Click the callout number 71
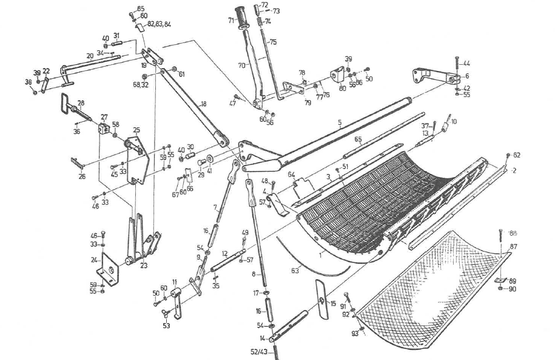pyautogui.click(x=231, y=20)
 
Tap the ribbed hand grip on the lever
pyautogui.click(x=244, y=17)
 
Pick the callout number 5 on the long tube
pyautogui.click(x=340, y=122)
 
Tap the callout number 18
pyautogui.click(x=203, y=104)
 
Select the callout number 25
pyautogui.click(x=136, y=130)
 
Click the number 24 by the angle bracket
pyautogui.click(x=94, y=260)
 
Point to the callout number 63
pyautogui.click(x=295, y=270)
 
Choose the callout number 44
pyautogui.click(x=466, y=63)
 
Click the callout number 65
pyautogui.click(x=358, y=139)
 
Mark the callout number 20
pyautogui.click(x=90, y=56)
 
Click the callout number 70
pyautogui.click(x=241, y=64)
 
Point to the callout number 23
pyautogui.click(x=144, y=265)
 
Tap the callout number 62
pyautogui.click(x=516, y=155)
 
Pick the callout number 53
pyautogui.click(x=166, y=325)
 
